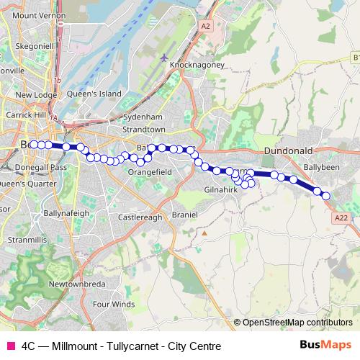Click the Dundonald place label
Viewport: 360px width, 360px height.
click(x=287, y=150)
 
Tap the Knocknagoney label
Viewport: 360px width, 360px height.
click(x=197, y=65)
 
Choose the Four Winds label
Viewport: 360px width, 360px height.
click(x=114, y=305)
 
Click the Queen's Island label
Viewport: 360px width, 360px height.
click(x=89, y=94)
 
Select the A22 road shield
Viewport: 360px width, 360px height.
click(x=342, y=217)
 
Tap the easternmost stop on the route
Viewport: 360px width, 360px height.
click(x=325, y=196)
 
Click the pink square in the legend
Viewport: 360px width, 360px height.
click(x=11, y=345)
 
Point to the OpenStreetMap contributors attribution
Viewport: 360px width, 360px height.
click(x=297, y=322)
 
